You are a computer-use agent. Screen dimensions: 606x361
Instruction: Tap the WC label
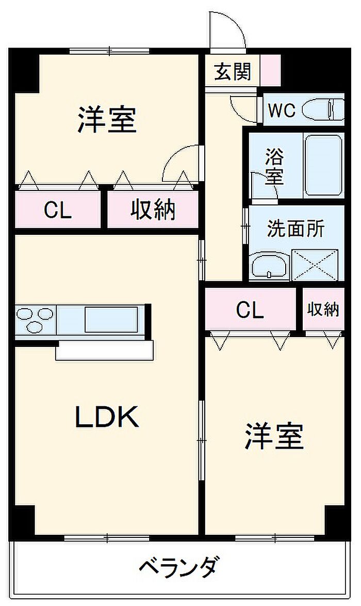(282, 110)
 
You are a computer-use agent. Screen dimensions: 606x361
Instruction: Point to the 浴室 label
(274, 166)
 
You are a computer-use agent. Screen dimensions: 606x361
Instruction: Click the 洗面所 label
(296, 229)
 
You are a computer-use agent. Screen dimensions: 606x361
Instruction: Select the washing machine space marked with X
(317, 265)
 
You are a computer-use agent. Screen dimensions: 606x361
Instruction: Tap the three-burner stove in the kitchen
(35, 320)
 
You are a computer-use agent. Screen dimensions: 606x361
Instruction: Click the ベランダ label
(177, 568)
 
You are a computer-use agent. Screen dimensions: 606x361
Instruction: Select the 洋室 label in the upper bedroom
(107, 119)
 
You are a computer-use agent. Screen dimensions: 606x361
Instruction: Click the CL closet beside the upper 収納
(57, 210)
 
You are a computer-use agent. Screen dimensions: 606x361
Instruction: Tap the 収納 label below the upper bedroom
(153, 210)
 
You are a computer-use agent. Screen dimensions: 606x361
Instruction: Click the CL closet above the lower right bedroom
(250, 310)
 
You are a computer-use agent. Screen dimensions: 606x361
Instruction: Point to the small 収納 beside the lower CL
(323, 310)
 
